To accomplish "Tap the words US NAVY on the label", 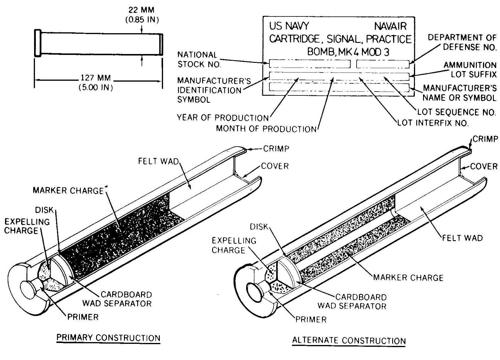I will click(289, 26).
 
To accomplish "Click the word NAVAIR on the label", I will click(390, 26).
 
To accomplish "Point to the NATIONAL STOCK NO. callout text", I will click(199, 60).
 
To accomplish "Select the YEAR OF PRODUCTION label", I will click(223, 118).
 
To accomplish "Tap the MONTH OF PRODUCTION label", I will click(266, 129).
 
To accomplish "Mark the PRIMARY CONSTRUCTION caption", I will click(108, 338).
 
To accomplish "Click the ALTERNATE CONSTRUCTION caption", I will click(349, 341).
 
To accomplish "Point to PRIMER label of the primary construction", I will click(83, 317).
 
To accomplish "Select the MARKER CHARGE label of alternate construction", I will click(408, 277).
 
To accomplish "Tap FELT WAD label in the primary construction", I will click(158, 162).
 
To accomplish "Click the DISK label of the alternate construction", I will click(259, 227).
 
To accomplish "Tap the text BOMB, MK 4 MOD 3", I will click(348, 52).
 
